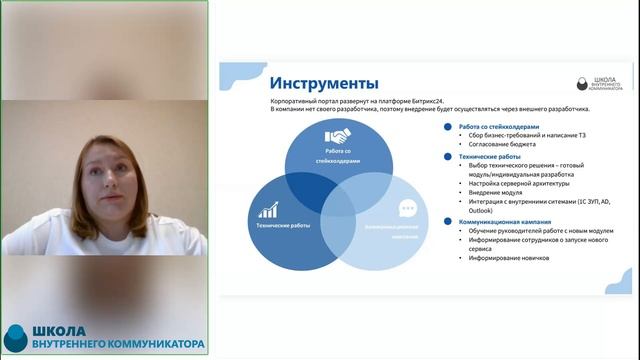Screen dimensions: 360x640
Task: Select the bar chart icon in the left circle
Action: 268,211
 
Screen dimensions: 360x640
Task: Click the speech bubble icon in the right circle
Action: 407,209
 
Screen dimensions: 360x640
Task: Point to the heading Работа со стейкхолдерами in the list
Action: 499,127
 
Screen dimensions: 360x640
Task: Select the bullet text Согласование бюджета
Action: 506,144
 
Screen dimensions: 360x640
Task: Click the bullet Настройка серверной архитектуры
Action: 520,183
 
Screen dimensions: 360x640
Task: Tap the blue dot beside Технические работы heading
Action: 448,157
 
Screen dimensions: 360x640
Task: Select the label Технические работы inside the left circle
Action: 283,227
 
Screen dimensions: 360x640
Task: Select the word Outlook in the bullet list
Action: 482,210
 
